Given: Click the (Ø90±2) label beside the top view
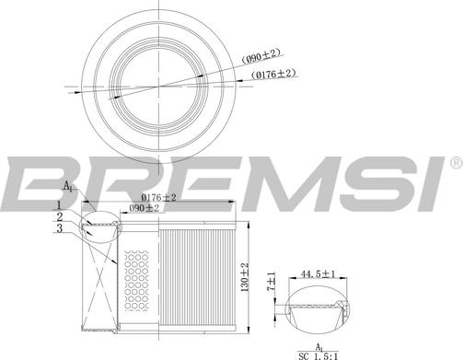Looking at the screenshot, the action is [261, 56].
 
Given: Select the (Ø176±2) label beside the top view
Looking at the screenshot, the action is [273, 75].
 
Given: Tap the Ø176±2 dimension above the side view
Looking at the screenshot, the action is [158, 198].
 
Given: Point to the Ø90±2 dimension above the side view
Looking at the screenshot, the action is [144, 208].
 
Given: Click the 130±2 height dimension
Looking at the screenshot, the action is [245, 277].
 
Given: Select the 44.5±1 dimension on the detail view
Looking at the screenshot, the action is [318, 273].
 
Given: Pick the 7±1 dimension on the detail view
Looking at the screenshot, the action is [272, 282].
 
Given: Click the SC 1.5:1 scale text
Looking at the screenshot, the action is [318, 356].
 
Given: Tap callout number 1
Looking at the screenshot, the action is [59, 205].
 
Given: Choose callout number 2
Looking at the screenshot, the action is [60, 216].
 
